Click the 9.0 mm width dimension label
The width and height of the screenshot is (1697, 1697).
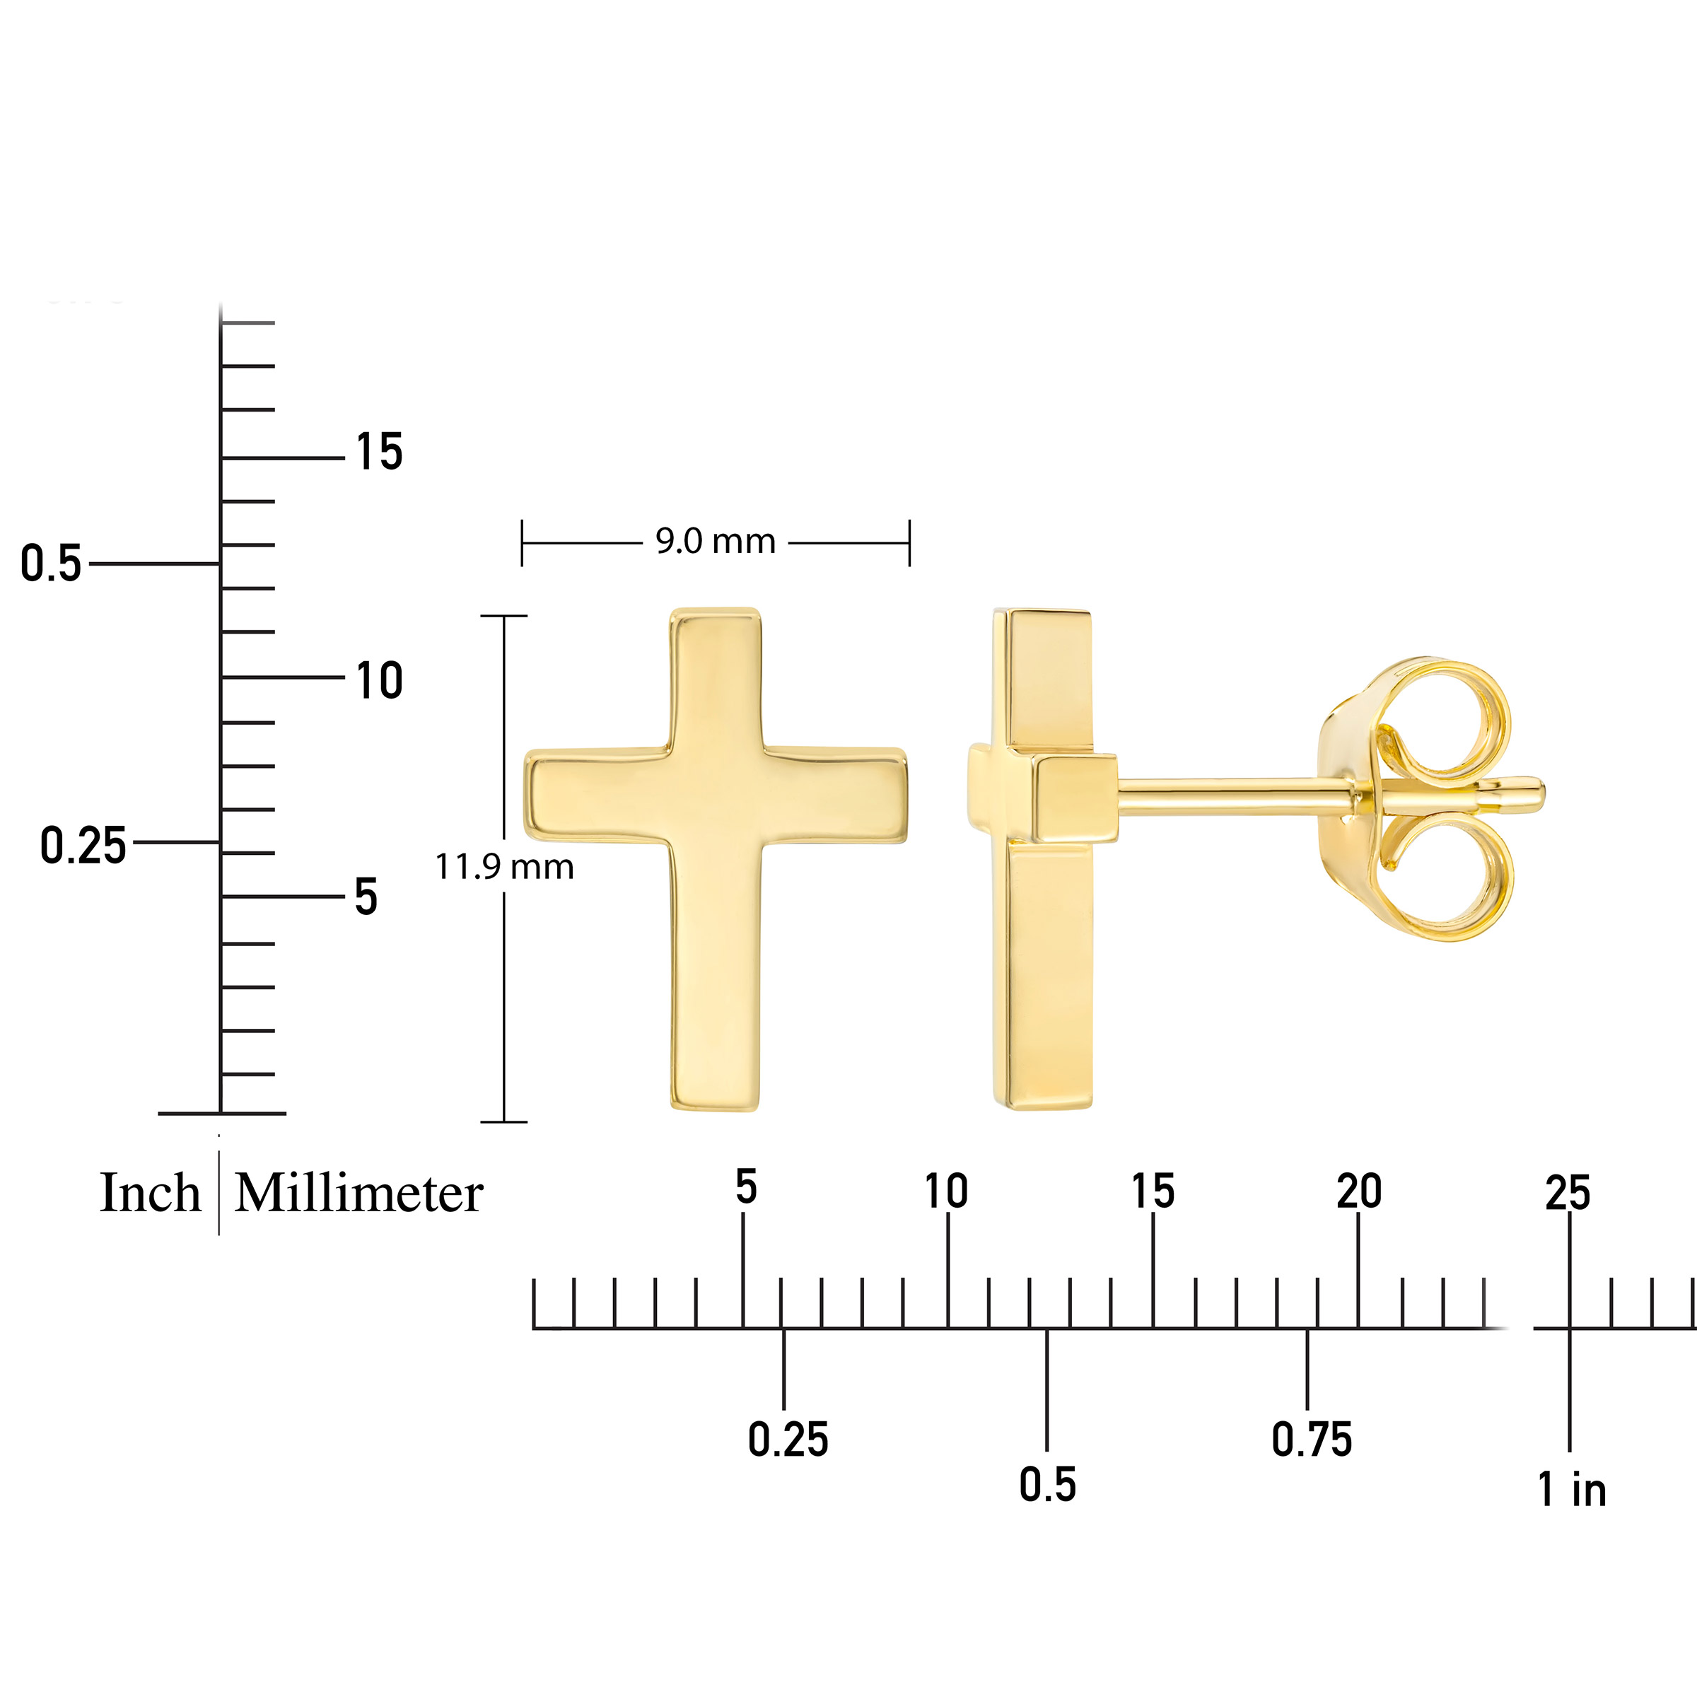click(715, 541)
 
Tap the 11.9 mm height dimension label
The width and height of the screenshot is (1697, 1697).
click(504, 867)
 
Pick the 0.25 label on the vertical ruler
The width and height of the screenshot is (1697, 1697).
click(83, 846)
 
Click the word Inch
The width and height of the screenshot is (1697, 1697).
click(150, 1193)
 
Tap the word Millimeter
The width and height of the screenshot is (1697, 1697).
click(359, 1193)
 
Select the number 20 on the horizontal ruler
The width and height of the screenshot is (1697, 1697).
click(1359, 1191)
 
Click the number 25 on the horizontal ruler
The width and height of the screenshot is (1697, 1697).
click(1568, 1193)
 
